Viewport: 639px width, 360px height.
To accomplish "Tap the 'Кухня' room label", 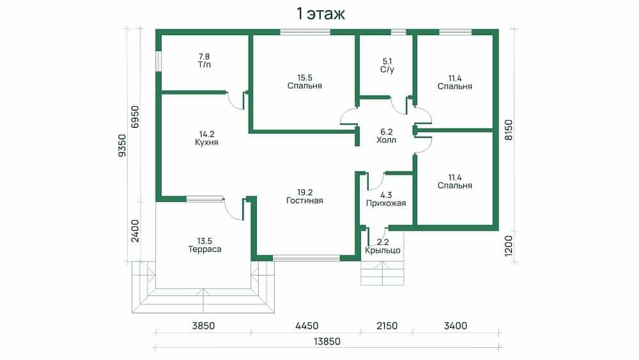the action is (x=206, y=143).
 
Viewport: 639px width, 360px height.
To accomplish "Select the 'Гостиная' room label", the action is (x=304, y=201).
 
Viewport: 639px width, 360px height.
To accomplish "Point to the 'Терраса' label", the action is (x=204, y=249).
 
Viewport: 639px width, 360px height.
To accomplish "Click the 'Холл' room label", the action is (x=387, y=140).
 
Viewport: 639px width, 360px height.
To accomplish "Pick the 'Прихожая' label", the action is (x=386, y=203).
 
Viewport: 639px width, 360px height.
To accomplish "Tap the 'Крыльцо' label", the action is (x=383, y=250).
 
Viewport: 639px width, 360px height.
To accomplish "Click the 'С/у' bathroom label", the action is (x=387, y=69).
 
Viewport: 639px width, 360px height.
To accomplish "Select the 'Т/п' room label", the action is (x=204, y=65).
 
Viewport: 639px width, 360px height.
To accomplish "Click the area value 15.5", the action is (x=305, y=77).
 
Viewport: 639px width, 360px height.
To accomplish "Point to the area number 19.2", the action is (x=305, y=192).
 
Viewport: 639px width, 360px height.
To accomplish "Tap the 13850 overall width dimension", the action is (x=327, y=341).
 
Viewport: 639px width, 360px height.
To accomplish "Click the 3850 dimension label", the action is (x=203, y=325).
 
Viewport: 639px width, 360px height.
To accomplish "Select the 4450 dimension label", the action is (x=307, y=325).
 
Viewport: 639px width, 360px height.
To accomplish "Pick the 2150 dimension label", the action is (x=387, y=325).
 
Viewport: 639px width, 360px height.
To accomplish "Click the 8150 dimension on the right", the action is (x=509, y=130).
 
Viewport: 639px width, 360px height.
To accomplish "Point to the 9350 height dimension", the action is (x=122, y=146).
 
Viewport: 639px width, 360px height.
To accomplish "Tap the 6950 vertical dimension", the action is (x=135, y=117).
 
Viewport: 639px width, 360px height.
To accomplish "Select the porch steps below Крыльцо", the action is (x=382, y=273).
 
